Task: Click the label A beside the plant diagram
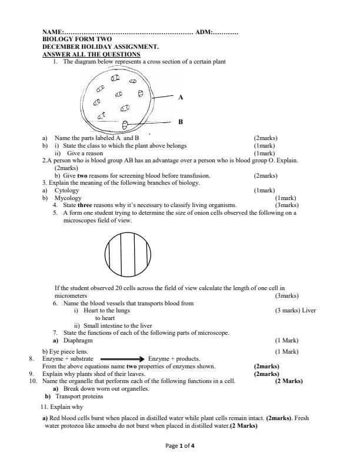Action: [x=181, y=97]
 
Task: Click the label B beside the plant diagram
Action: [x=181, y=122]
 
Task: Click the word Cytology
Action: [x=66, y=191]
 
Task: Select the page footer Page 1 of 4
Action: [x=180, y=446]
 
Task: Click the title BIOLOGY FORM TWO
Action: [x=77, y=39]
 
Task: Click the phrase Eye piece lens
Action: [x=65, y=351]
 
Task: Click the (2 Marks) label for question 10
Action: [x=289, y=381]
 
